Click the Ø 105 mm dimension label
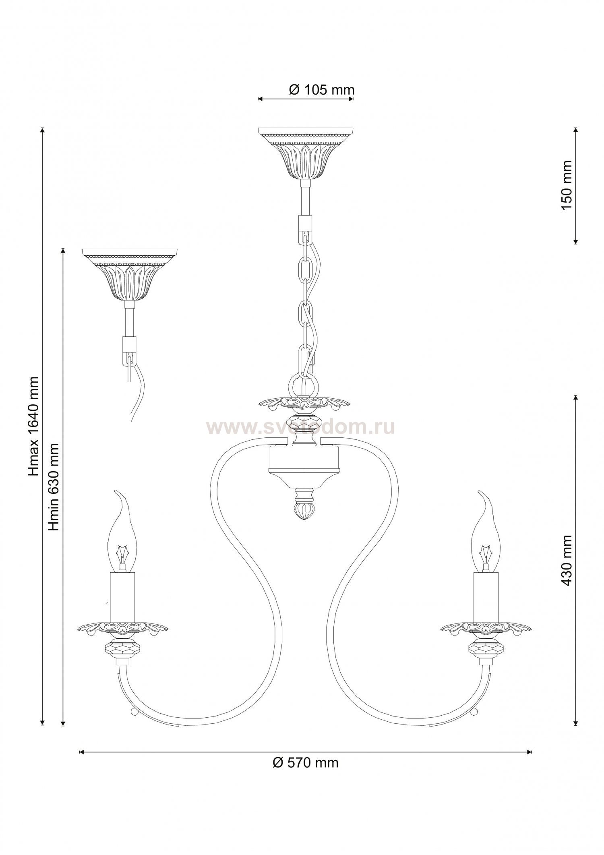click(x=321, y=89)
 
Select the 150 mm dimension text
click(x=567, y=185)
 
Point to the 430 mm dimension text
click(x=567, y=560)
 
